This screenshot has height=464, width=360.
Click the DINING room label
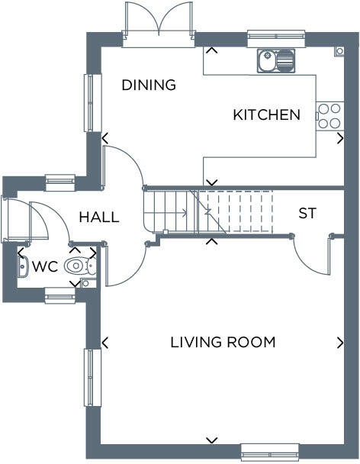coord(149,85)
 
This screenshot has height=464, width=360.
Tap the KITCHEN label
coord(266,114)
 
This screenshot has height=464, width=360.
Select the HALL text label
coord(99,217)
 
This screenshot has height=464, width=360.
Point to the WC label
coord(45,266)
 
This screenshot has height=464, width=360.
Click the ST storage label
coord(307,213)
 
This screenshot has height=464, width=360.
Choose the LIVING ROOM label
coord(223,342)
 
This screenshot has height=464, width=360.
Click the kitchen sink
coord(276,60)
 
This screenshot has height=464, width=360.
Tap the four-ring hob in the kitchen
coord(329,116)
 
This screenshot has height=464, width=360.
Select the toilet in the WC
coord(80,266)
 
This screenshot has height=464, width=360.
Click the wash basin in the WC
coord(23,267)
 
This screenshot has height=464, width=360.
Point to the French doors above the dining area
coord(159,24)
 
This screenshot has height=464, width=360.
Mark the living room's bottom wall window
coord(269,452)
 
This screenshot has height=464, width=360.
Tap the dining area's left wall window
coord(93,103)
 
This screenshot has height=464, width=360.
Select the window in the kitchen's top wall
coord(276,38)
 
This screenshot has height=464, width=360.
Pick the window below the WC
coord(59,295)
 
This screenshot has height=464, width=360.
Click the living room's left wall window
coord(93,378)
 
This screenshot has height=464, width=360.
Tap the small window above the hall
coord(60,183)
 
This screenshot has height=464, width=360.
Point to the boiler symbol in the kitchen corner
coord(339,51)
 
